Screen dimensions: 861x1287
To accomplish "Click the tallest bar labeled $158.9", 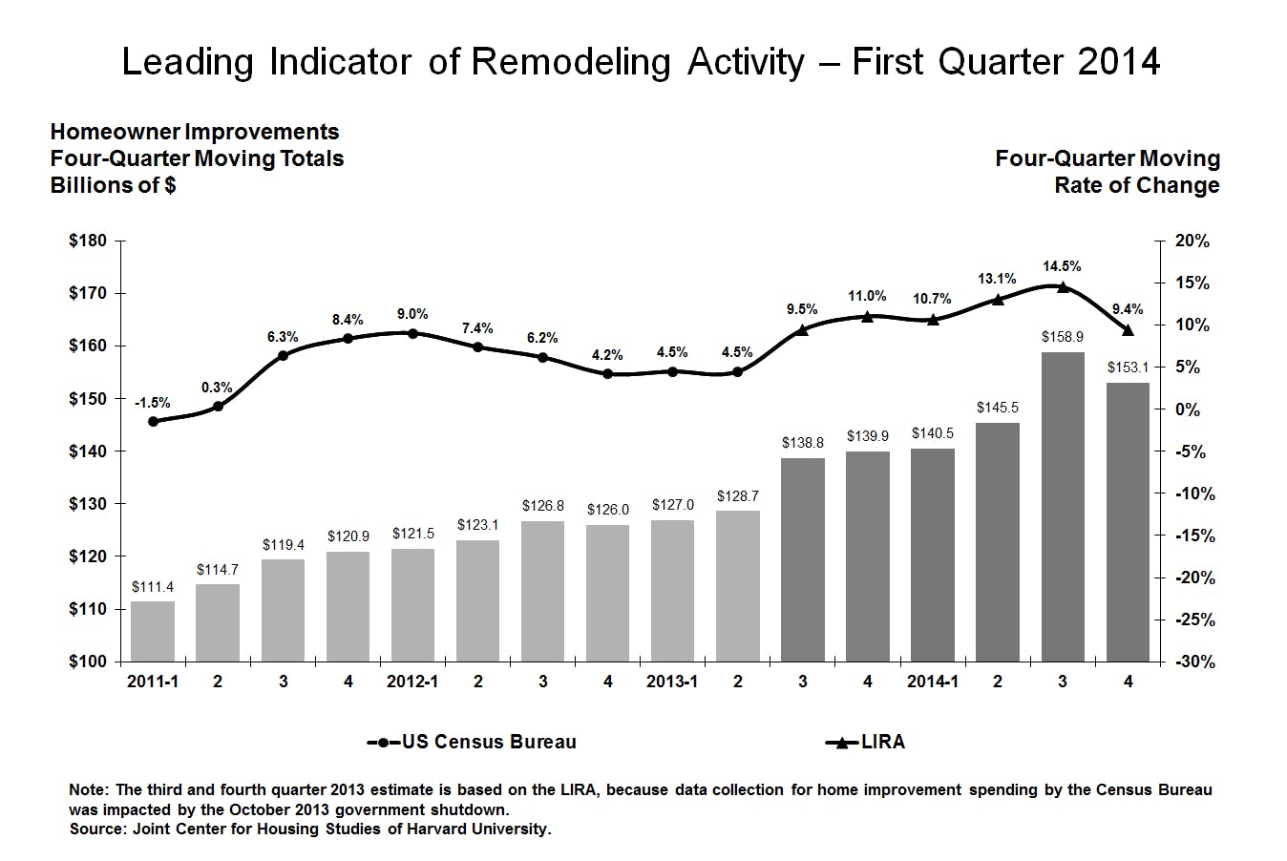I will tap(1063, 506).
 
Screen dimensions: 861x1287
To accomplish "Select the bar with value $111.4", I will tap(153, 631).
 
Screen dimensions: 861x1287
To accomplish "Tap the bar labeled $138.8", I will tap(803, 559).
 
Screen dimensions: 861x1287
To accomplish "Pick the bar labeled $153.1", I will tap(1128, 521).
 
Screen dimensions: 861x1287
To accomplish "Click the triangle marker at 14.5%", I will tap(1063, 286).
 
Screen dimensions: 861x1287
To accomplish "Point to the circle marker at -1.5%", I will tap(153, 421).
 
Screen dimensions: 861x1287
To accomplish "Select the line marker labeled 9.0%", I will tap(412, 333).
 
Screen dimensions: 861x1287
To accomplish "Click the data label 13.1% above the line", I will tap(997, 279).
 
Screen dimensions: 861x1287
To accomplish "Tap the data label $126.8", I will tap(542, 506).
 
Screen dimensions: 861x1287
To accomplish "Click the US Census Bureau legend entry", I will tap(473, 742).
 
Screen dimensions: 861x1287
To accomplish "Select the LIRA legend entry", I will tap(865, 742).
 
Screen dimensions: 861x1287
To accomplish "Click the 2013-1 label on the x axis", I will tap(672, 682).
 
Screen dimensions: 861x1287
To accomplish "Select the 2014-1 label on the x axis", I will tap(932, 682).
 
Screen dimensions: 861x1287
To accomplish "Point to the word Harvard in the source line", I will tap(435, 829).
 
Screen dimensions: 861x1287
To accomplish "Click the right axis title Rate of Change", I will tap(1136, 185).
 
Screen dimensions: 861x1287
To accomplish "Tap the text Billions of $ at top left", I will tap(113, 185).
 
